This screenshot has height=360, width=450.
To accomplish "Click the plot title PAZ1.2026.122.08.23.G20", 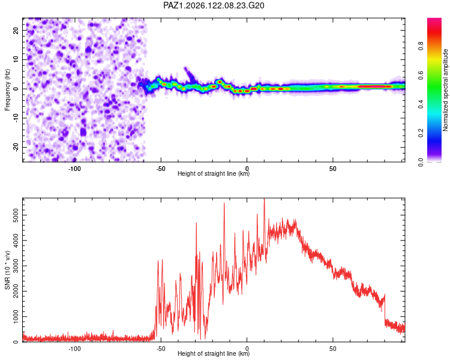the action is pyautogui.click(x=214, y=5).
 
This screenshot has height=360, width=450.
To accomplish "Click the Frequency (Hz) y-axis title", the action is pyautogui.click(x=7, y=90).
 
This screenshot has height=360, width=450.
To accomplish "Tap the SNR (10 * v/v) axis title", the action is pyautogui.click(x=7, y=270).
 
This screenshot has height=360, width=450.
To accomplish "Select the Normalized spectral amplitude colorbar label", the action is pyautogui.click(x=445, y=90).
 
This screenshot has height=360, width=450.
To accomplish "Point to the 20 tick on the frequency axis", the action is pyautogui.click(x=16, y=30).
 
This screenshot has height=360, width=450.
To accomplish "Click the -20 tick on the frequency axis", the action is pyautogui.click(x=16, y=147).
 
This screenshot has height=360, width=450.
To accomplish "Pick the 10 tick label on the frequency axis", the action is pyautogui.click(x=16, y=59).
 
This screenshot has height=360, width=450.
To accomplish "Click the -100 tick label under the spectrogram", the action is pyautogui.click(x=74, y=169).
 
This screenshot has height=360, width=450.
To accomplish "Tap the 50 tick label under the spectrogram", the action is pyautogui.click(x=333, y=169).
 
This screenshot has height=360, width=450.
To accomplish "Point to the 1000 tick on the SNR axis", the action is pyautogui.click(x=16, y=317).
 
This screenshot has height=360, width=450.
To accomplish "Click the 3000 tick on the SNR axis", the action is pyautogui.click(x=16, y=266).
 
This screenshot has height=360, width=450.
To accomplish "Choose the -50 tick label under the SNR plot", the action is pyautogui.click(x=161, y=349).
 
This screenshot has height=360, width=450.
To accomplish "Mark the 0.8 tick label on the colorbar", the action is pyautogui.click(x=421, y=46).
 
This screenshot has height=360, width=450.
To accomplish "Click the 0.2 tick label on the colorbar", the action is pyautogui.click(x=421, y=133).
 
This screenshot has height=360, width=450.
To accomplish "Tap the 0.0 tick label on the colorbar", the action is pyautogui.click(x=421, y=162).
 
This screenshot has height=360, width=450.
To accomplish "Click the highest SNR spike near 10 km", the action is pyautogui.click(x=265, y=199).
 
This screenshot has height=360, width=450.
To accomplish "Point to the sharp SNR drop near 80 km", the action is pyautogui.click(x=385, y=308).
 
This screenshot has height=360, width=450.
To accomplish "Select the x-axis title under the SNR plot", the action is pyautogui.click(x=214, y=353).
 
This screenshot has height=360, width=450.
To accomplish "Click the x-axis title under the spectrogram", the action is pyautogui.click(x=214, y=173).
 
